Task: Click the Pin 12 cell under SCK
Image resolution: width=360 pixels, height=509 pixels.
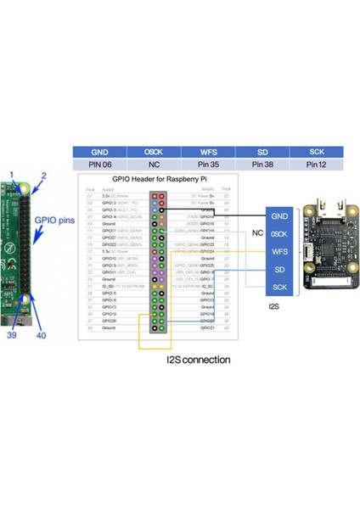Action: coord(316,163)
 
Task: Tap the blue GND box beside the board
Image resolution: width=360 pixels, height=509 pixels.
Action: coord(279,215)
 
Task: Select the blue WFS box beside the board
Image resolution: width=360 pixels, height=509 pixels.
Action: coord(279,251)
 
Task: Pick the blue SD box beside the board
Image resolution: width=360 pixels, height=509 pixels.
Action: coord(279,269)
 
